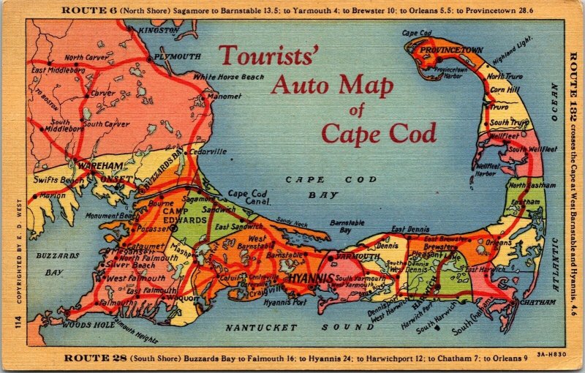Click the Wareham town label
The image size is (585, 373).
(94, 167)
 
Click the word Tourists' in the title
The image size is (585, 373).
(268, 56)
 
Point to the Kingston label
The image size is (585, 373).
(158, 30)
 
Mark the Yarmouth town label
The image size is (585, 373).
(356, 257)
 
